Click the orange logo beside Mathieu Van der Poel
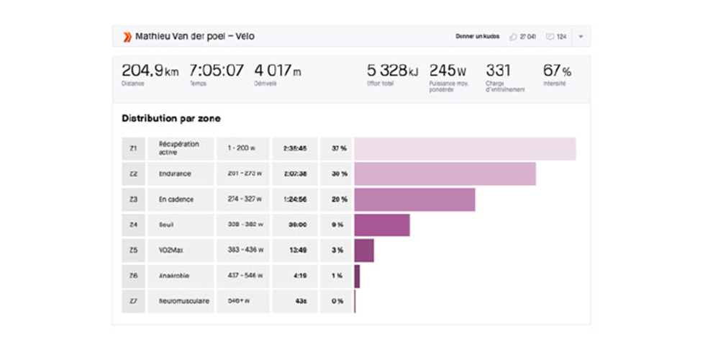click(x=127, y=37)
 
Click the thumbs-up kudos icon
click(x=513, y=37)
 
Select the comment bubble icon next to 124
click(x=550, y=37)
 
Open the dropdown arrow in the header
click(x=581, y=37)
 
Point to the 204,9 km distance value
click(x=150, y=71)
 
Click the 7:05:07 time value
click(x=216, y=71)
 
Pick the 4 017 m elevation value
click(x=277, y=71)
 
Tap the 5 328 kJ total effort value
click(x=391, y=71)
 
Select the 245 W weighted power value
click(x=448, y=71)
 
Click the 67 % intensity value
click(x=557, y=71)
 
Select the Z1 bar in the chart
click(x=465, y=148)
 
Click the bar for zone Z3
click(x=414, y=199)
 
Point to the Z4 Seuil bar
click(x=382, y=225)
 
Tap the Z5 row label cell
click(x=133, y=251)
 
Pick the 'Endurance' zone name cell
click(x=184, y=174)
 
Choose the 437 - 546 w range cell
click(x=242, y=276)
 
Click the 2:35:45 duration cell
click(x=294, y=148)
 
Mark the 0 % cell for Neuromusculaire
click(x=336, y=301)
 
